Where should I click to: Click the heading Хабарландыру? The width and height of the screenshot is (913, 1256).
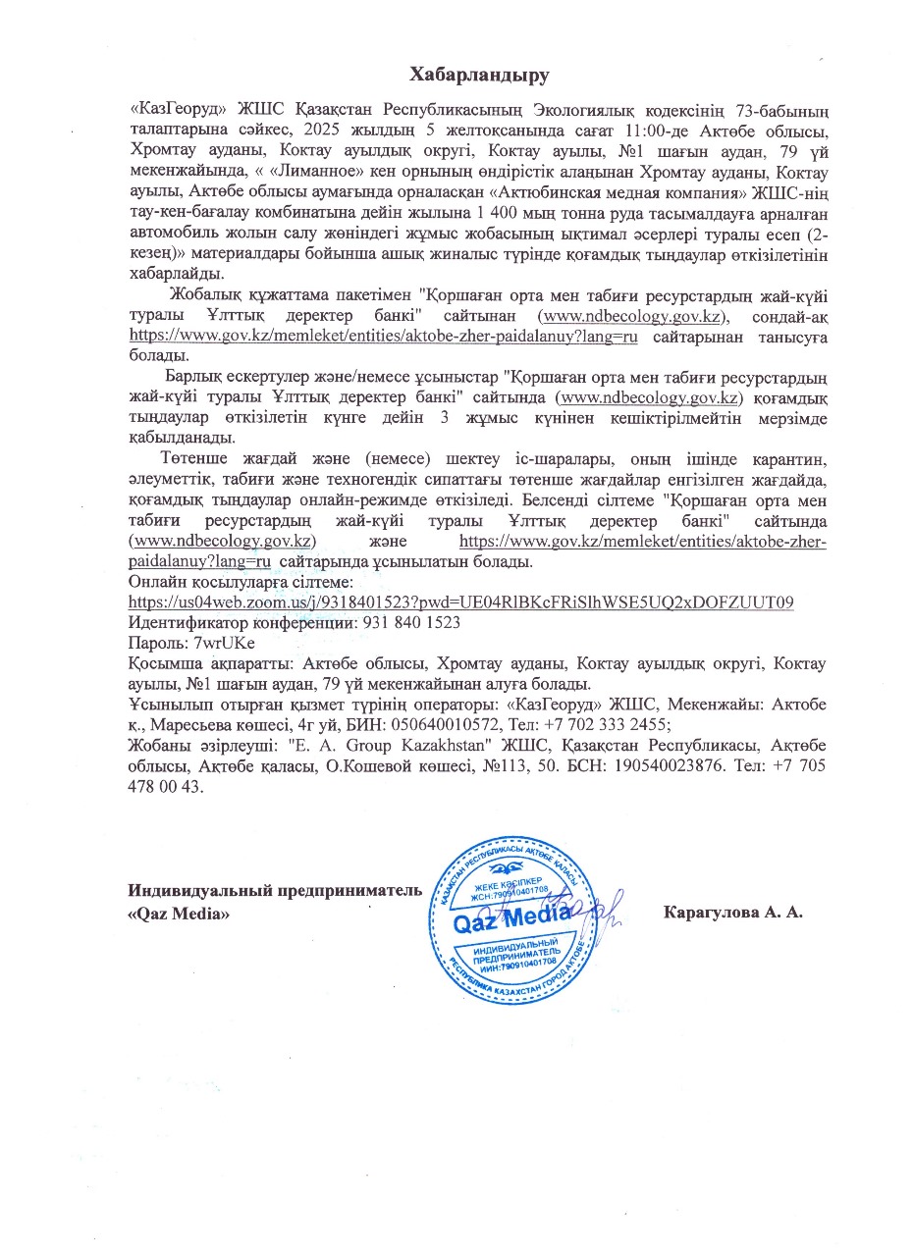point(478,75)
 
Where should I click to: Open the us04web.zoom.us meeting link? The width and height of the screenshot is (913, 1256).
point(461,602)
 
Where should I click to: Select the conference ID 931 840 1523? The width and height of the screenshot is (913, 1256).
point(410,622)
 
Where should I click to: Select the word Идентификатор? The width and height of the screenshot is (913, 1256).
point(188,622)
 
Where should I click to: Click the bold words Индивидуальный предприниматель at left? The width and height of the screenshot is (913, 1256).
point(275,891)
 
